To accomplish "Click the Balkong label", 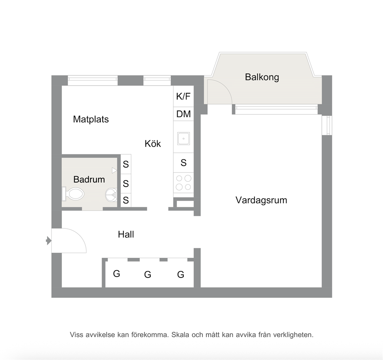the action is click(x=262, y=77).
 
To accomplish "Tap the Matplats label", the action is click(x=91, y=119).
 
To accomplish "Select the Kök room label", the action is click(x=153, y=144).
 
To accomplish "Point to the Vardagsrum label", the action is click(x=261, y=200).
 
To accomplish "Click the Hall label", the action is click(x=126, y=234).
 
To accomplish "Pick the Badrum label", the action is click(x=89, y=180).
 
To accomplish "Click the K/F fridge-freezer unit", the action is click(x=183, y=96).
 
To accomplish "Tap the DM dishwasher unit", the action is click(x=183, y=114).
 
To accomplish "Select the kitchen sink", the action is click(x=184, y=139).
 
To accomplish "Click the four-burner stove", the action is click(x=183, y=183).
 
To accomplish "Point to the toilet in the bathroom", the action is click(x=73, y=194).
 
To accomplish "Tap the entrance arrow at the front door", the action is click(x=49, y=241).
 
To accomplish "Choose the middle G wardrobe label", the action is click(x=147, y=275).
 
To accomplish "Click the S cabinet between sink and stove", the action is click(x=183, y=162).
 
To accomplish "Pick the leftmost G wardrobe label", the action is click(x=117, y=274).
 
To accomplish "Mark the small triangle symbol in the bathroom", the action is click(x=114, y=171).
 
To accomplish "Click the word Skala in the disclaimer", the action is click(x=181, y=335).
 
